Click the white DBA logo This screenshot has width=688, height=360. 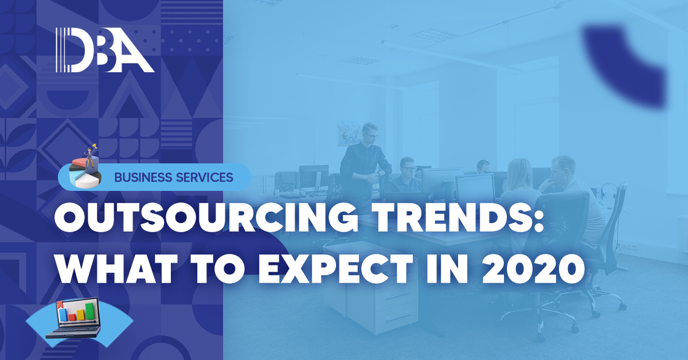(x=105, y=50)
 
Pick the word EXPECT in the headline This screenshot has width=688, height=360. (x=337, y=268)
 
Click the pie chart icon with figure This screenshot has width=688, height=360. (x=85, y=167)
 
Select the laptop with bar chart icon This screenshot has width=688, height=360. (x=74, y=318)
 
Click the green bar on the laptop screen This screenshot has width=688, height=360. (x=89, y=311)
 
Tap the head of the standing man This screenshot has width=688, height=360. (x=370, y=132)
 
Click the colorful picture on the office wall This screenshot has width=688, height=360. (x=350, y=133)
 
